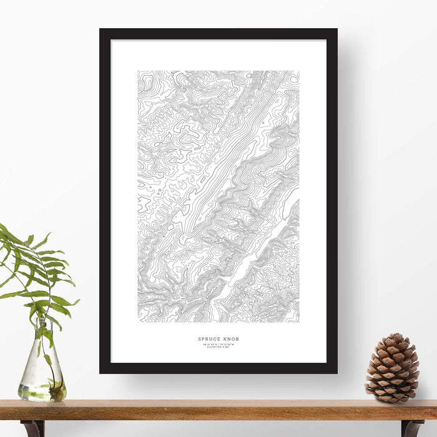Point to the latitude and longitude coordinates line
(218, 344)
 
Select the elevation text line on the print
(218, 347)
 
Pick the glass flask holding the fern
(41, 375)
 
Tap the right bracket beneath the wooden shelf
(411, 428)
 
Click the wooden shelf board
(219, 410)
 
